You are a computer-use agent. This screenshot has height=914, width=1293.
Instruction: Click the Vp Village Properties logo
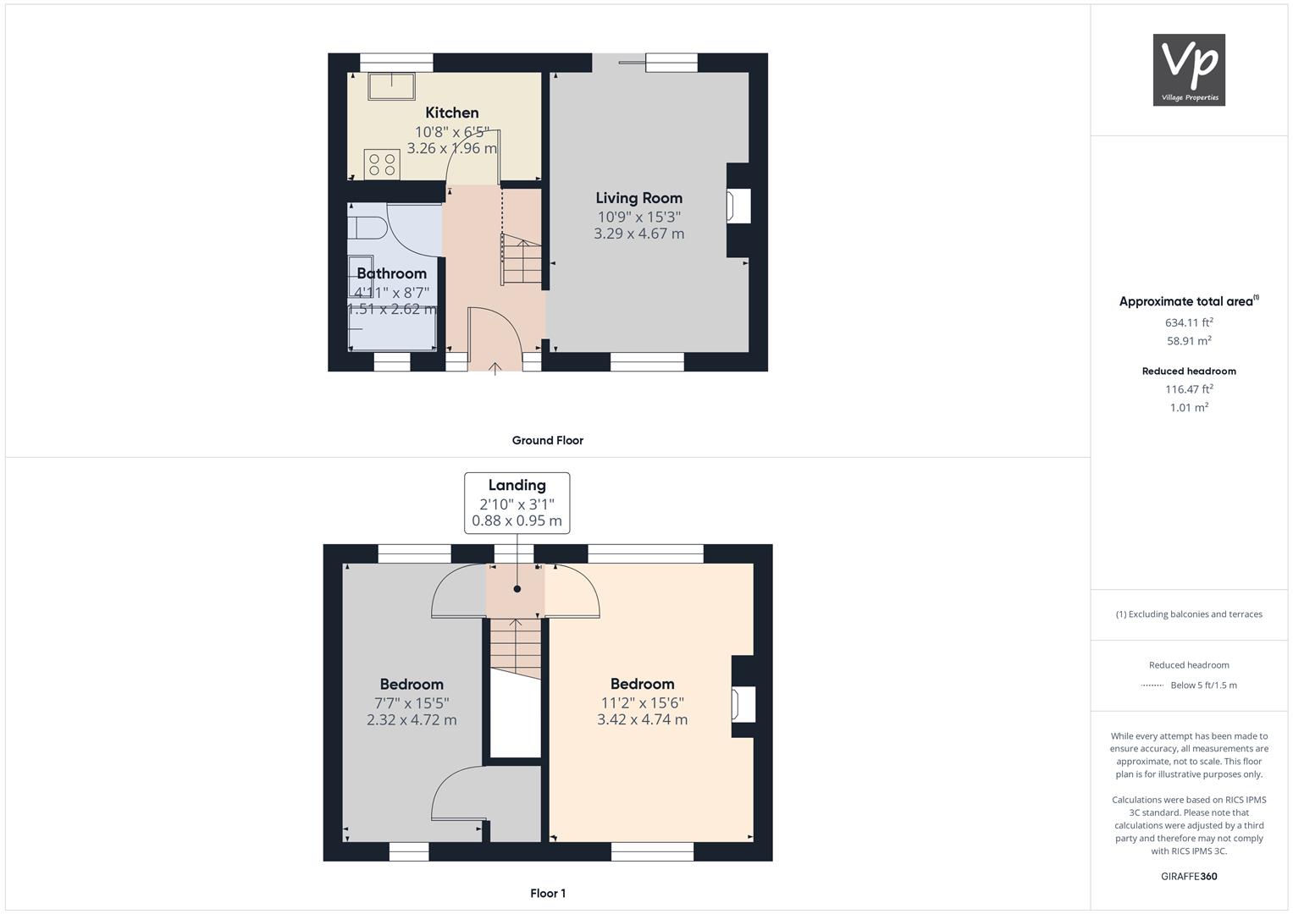pos(1189,69)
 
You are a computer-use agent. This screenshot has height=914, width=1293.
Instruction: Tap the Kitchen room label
pos(452,113)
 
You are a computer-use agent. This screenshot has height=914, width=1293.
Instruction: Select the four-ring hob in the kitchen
pos(382,164)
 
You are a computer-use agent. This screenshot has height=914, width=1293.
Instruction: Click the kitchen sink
pos(392,86)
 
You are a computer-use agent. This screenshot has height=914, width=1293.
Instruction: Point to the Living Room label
pos(639,198)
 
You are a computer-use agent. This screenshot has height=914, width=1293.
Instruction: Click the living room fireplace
pos(738,206)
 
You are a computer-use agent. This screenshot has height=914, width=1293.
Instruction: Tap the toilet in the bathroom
pos(367,228)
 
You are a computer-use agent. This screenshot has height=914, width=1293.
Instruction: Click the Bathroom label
pos(392,273)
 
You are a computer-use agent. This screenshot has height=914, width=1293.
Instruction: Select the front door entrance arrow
pos(495,368)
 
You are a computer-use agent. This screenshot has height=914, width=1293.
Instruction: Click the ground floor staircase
pos(522,260)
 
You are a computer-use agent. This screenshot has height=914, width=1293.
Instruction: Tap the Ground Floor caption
pos(548,440)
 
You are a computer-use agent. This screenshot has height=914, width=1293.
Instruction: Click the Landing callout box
pos(517,504)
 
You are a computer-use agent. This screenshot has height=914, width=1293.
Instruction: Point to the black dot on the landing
pos(517,589)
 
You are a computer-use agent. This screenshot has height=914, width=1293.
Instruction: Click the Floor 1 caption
pos(548,893)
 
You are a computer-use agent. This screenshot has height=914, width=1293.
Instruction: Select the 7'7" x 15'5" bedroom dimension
pos(412,703)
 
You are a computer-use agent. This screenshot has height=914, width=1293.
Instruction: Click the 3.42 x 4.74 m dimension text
pos(643,719)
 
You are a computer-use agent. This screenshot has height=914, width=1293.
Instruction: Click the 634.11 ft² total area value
pos(1189,322)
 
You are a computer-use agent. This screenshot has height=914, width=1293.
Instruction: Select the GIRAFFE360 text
pos(1189,877)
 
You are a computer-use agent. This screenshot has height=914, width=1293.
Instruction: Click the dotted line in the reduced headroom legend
pos(1152,685)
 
